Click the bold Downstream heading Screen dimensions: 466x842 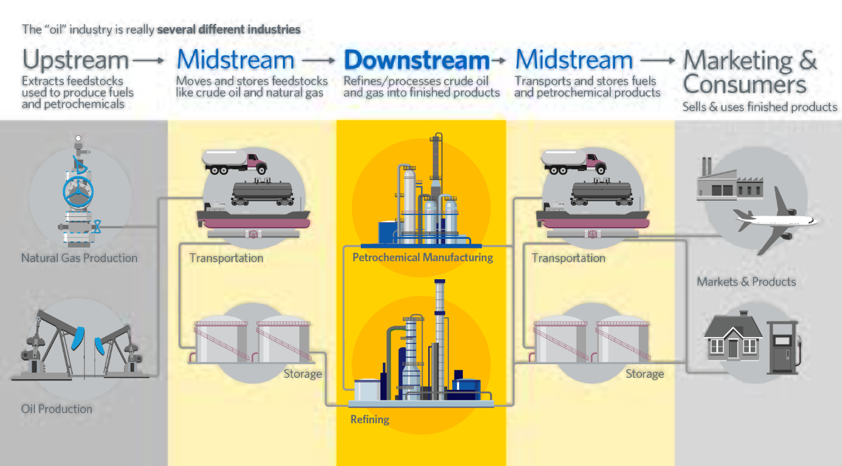[x=416, y=60]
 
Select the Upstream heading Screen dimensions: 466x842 [x=75, y=60]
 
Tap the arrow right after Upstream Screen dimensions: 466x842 [x=149, y=60]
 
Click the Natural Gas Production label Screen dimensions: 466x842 [x=79, y=258]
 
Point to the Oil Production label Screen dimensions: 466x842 [x=57, y=409]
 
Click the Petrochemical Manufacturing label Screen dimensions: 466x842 [x=423, y=257]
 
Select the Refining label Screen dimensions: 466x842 [x=370, y=419]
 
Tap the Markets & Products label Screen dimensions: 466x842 [x=746, y=282]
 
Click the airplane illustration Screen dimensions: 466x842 [x=777, y=220]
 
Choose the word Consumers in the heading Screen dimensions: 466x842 [x=745, y=84]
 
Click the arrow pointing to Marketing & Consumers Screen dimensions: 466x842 [x=657, y=60]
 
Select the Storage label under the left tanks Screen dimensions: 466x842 [x=302, y=374]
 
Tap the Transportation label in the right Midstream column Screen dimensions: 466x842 [x=568, y=258]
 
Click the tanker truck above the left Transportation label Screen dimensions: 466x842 [x=234, y=162]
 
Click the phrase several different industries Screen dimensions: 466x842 [x=229, y=29]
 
